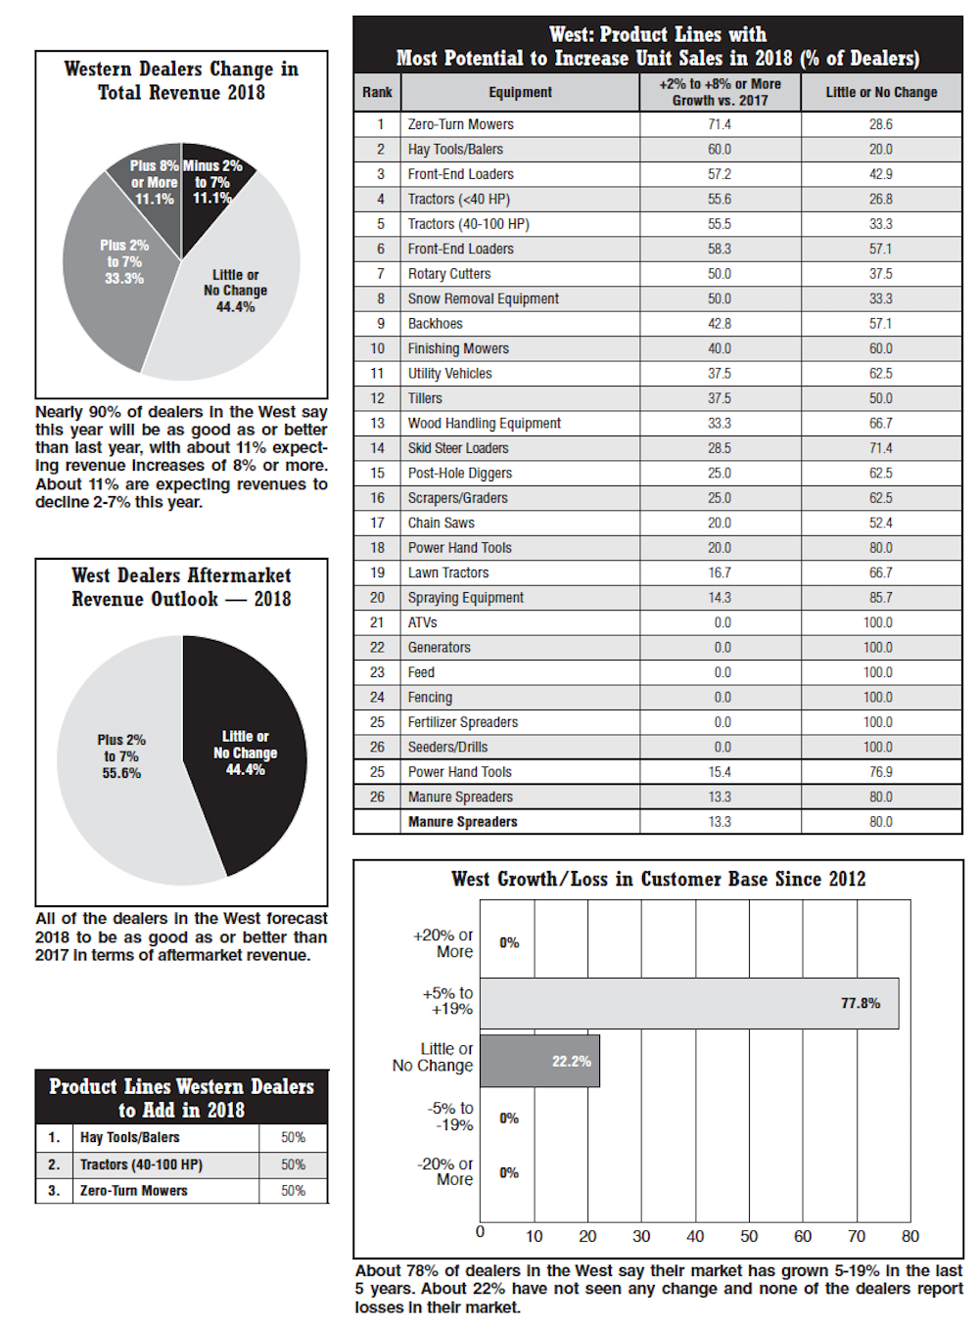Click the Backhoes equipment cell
436,324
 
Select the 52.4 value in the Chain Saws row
880,523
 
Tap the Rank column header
377,92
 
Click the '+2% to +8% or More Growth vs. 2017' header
720,92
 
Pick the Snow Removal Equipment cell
483,298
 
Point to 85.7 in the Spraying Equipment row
880,597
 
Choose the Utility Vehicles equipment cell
449,373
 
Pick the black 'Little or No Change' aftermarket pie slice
250,754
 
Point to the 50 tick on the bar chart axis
749,1236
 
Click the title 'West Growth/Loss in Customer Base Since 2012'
658,879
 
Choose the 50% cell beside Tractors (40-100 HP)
293,1165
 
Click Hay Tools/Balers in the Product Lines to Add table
130,1137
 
